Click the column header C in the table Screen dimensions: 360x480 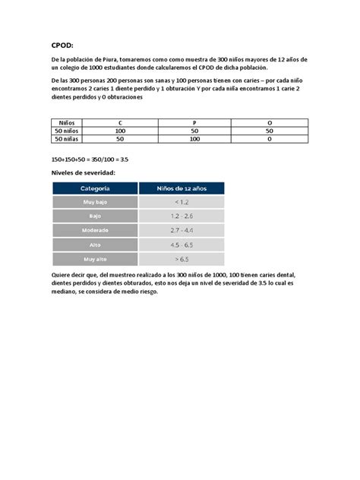tap(120, 122)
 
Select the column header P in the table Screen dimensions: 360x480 tap(195, 122)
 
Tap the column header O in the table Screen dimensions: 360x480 tap(270, 122)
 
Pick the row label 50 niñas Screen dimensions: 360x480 tap(66, 140)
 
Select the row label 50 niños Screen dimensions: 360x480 tap(66, 131)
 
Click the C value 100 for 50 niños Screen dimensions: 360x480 tap(120, 131)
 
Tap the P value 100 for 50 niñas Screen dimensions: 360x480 tap(195, 140)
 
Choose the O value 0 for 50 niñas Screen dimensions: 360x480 tap(270, 140)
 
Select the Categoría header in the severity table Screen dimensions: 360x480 tap(95, 188)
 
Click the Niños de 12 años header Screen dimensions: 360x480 tap(182, 188)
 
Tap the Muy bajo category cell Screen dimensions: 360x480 tap(95, 202)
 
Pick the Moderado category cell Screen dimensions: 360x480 tap(95, 230)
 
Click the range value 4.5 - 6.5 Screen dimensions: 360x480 tap(182, 245)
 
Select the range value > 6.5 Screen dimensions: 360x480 tap(182, 259)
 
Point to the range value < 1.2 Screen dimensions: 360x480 tap(182, 202)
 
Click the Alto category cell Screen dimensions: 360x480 tap(95, 245)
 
